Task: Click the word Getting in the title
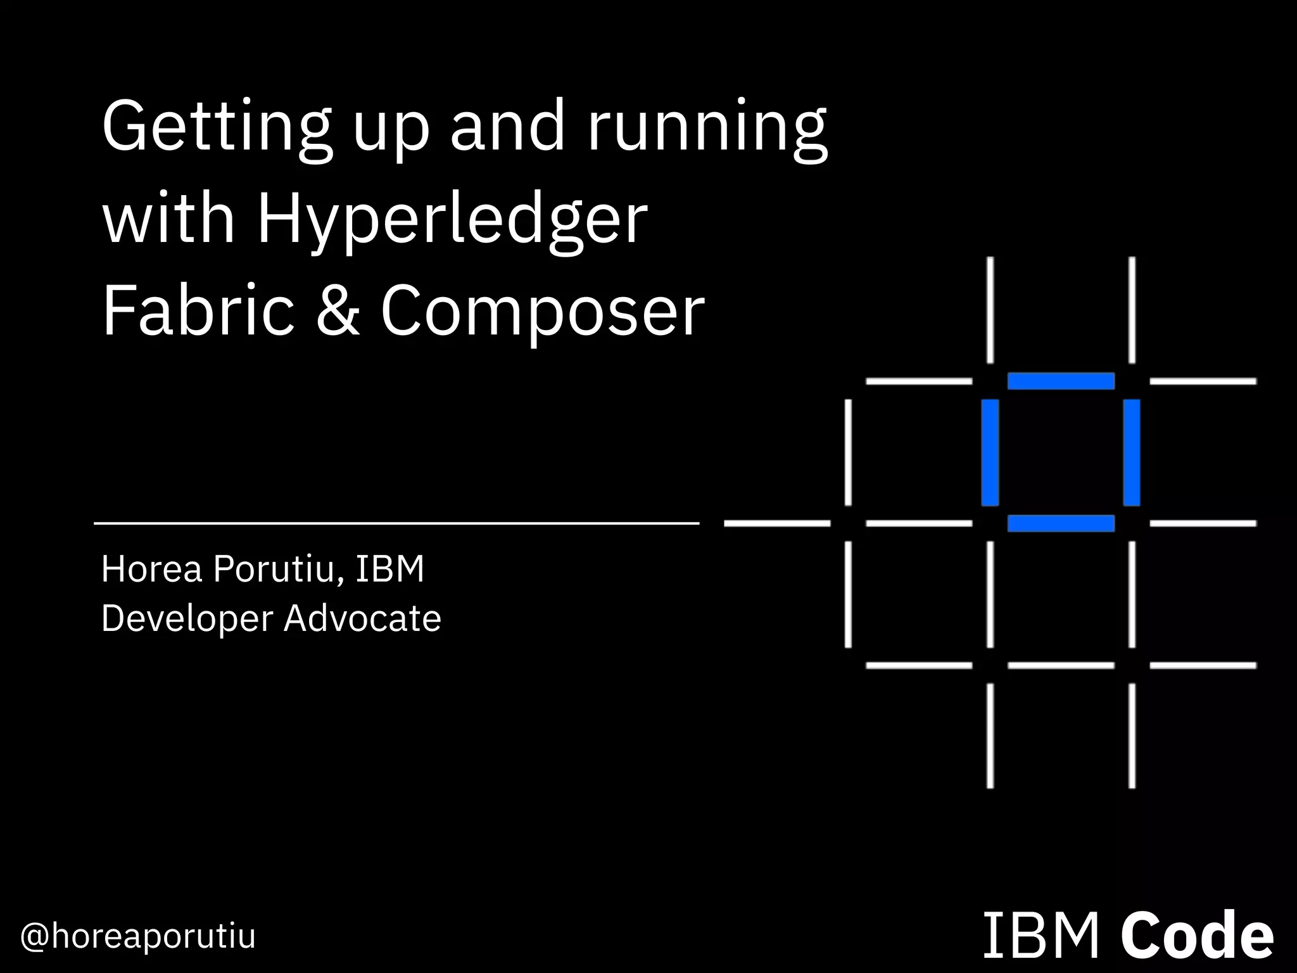(216, 126)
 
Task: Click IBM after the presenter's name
(389, 569)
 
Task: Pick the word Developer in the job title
(187, 619)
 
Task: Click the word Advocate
(362, 618)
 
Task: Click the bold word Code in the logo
(1197, 936)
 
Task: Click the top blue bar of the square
(1061, 381)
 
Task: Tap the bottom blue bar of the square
(1061, 523)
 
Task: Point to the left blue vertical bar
(990, 452)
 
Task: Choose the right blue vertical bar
(1132, 452)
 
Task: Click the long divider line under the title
(396, 523)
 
